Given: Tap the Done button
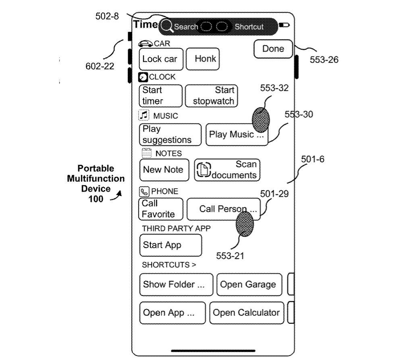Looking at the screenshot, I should point(273,49).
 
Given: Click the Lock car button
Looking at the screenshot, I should point(160,59).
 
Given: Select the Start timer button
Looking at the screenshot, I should point(160,96).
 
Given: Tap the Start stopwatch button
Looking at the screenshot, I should point(212,96).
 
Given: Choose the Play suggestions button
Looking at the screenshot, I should point(170,135).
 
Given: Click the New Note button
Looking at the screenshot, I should point(164,170).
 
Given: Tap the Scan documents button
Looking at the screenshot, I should point(227,170).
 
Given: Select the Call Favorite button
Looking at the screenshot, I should point(160,209).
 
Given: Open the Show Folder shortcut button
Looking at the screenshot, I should point(176,284).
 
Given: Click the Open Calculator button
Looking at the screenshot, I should point(247,313).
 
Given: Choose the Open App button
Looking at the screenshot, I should point(172,313).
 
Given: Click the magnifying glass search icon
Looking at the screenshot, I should point(167,27).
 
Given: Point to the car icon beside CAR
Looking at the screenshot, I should point(145,44).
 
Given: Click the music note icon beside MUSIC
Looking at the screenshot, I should point(144,116).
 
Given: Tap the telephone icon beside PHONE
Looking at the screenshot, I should point(144,191).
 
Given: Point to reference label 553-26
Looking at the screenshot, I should point(324,60).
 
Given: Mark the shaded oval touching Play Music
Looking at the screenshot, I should point(260,120).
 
